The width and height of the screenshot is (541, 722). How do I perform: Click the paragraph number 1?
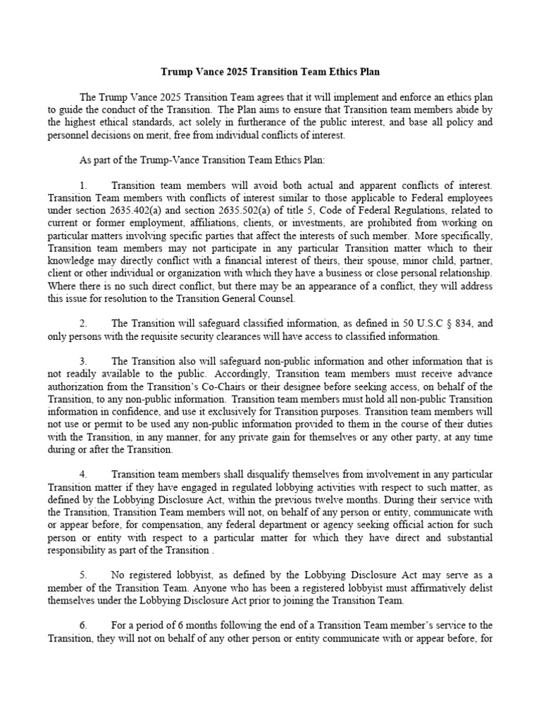pyautogui.click(x=83, y=185)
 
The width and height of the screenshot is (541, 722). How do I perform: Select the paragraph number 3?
pyautogui.click(x=83, y=361)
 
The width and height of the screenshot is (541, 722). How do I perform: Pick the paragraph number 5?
pyautogui.click(x=83, y=575)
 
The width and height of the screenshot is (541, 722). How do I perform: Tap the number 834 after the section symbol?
pyautogui.click(x=457, y=324)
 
